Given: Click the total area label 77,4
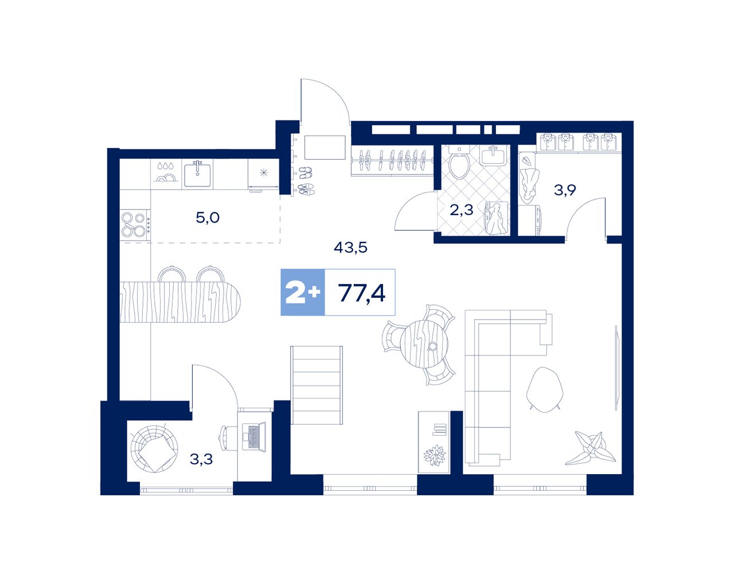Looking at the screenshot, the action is (x=361, y=292).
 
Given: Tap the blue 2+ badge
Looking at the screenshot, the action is (x=303, y=292).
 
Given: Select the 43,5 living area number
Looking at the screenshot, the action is (x=350, y=248).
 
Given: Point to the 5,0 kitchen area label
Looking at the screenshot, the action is (x=208, y=218).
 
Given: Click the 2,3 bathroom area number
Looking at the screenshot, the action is (x=462, y=210).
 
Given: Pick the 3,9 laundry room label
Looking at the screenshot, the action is (x=565, y=190).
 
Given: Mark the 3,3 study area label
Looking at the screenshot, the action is (x=201, y=459).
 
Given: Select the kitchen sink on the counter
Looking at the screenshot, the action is (x=198, y=174).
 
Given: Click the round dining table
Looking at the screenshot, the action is (x=424, y=344).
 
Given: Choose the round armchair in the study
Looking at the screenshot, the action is (x=154, y=448).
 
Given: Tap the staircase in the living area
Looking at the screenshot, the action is (x=317, y=385).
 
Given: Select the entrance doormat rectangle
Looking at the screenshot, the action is (x=325, y=148).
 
